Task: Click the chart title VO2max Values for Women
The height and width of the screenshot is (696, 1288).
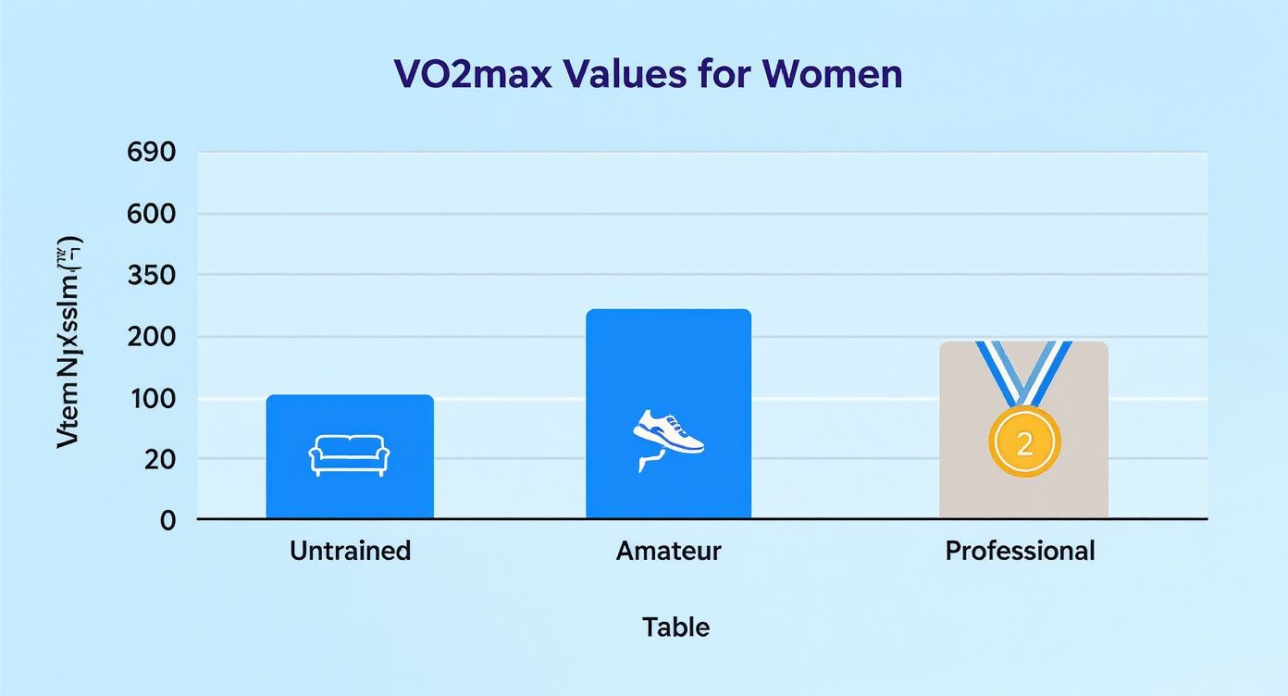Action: click(648, 74)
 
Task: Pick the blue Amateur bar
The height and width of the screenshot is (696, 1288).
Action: click(668, 370)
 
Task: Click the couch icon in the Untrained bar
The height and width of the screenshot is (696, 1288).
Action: click(348, 455)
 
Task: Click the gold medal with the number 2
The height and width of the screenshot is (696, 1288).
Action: click(1024, 443)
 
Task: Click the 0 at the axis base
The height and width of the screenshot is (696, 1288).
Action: click(167, 520)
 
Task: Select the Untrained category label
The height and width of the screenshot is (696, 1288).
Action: click(350, 552)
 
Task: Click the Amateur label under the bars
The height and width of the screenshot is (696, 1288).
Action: click(668, 552)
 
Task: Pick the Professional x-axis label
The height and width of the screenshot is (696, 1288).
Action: click(1020, 552)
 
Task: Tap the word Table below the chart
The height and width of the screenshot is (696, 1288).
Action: click(675, 628)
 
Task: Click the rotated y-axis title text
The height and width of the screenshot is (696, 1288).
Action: click(70, 342)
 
